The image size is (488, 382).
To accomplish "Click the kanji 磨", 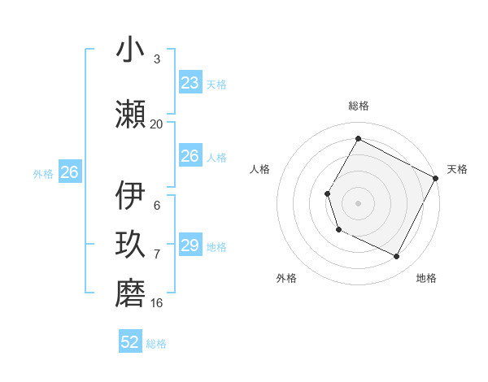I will pyautogui.click(x=130, y=292).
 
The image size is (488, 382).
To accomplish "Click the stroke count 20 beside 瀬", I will pyautogui.click(x=156, y=124).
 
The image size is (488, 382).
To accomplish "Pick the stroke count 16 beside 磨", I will pyautogui.click(x=156, y=302).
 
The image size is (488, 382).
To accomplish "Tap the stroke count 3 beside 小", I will pyautogui.click(x=156, y=59).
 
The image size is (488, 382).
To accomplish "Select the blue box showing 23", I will pyautogui.click(x=190, y=83).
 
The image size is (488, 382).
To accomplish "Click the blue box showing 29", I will pyautogui.click(x=190, y=245).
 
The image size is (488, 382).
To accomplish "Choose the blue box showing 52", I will pyautogui.click(x=130, y=342).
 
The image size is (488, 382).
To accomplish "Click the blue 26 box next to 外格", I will pyautogui.click(x=69, y=172).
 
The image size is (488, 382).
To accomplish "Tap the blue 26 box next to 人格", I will pyautogui.click(x=190, y=156).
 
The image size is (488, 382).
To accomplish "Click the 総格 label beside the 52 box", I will pyautogui.click(x=156, y=344).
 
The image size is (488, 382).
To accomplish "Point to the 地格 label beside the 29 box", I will pyautogui.click(x=216, y=247).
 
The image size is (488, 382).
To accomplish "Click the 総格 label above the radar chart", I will pyautogui.click(x=358, y=106).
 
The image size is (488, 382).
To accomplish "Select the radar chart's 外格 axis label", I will pyautogui.click(x=286, y=278).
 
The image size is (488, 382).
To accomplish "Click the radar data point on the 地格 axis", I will pyautogui.click(x=397, y=257).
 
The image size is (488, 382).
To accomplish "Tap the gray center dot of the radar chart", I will pyautogui.click(x=358, y=202).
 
